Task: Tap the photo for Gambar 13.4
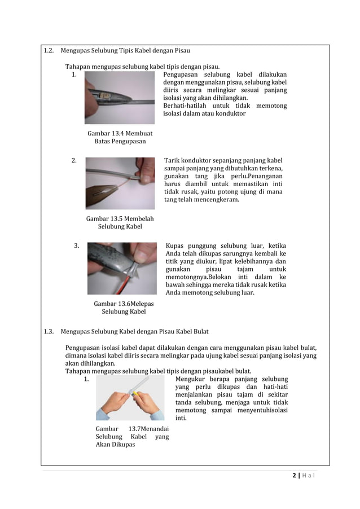[x=119, y=98]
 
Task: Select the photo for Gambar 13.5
[x=120, y=183]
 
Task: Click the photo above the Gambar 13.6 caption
[x=122, y=269]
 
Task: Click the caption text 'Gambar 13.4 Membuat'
[x=120, y=133]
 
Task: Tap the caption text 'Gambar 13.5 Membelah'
[x=120, y=218]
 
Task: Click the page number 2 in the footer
[x=295, y=476]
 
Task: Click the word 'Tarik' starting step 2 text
[x=172, y=160]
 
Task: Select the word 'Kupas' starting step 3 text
[x=175, y=245]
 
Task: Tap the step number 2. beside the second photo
[x=74, y=160]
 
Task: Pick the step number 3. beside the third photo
[x=77, y=245]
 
